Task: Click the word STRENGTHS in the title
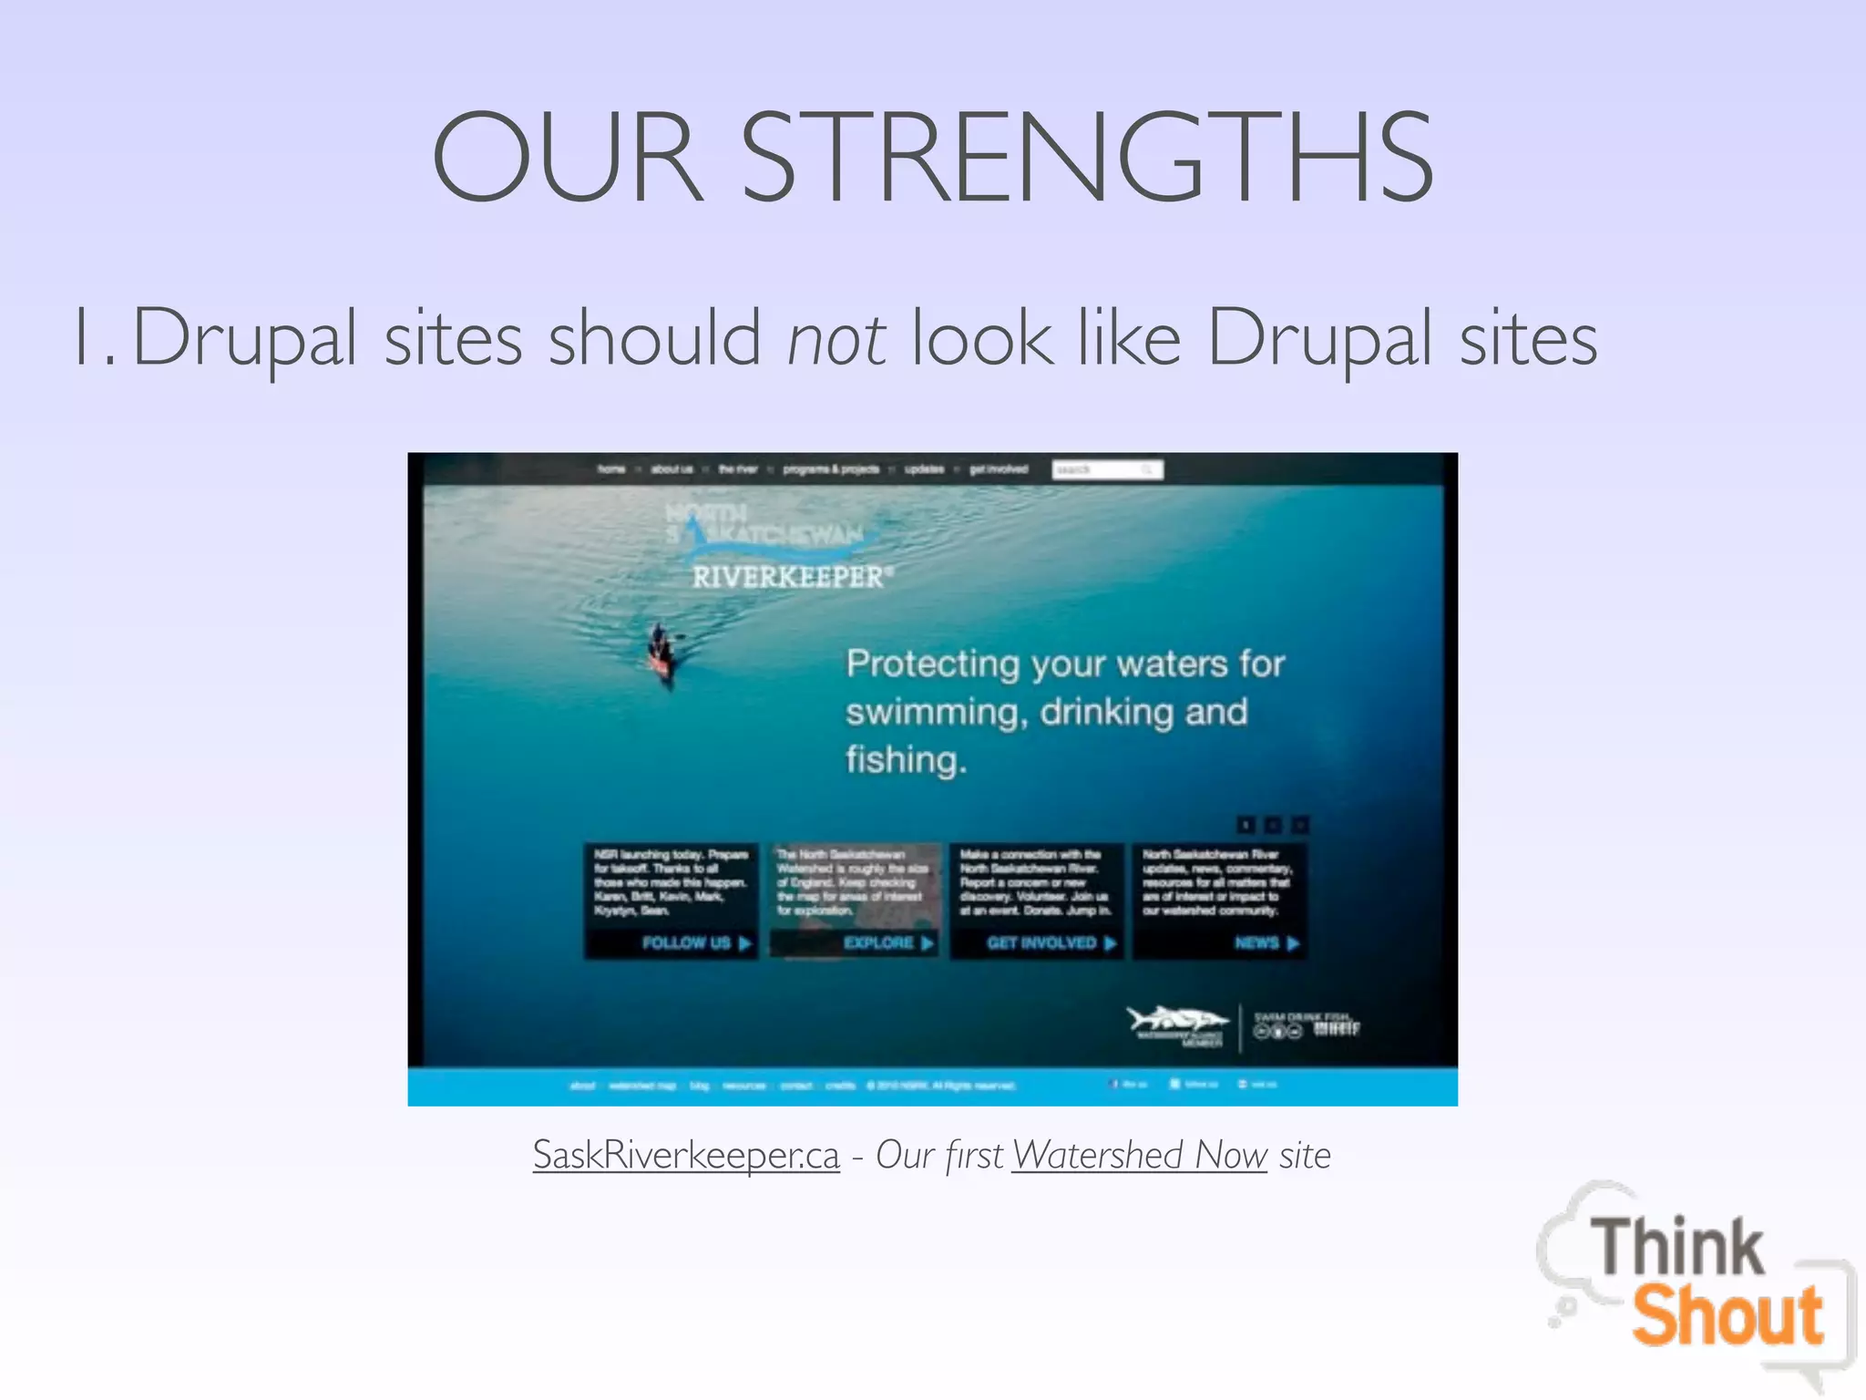[x=1088, y=157]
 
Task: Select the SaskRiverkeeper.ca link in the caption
[x=686, y=1155]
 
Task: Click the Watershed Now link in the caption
[x=1139, y=1155]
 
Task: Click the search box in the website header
[x=1106, y=469]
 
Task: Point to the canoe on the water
[x=661, y=653]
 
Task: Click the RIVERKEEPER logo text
[x=789, y=577]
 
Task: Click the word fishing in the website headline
[x=905, y=759]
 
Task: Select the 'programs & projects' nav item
[x=831, y=469]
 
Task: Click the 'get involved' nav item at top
[x=999, y=469]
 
